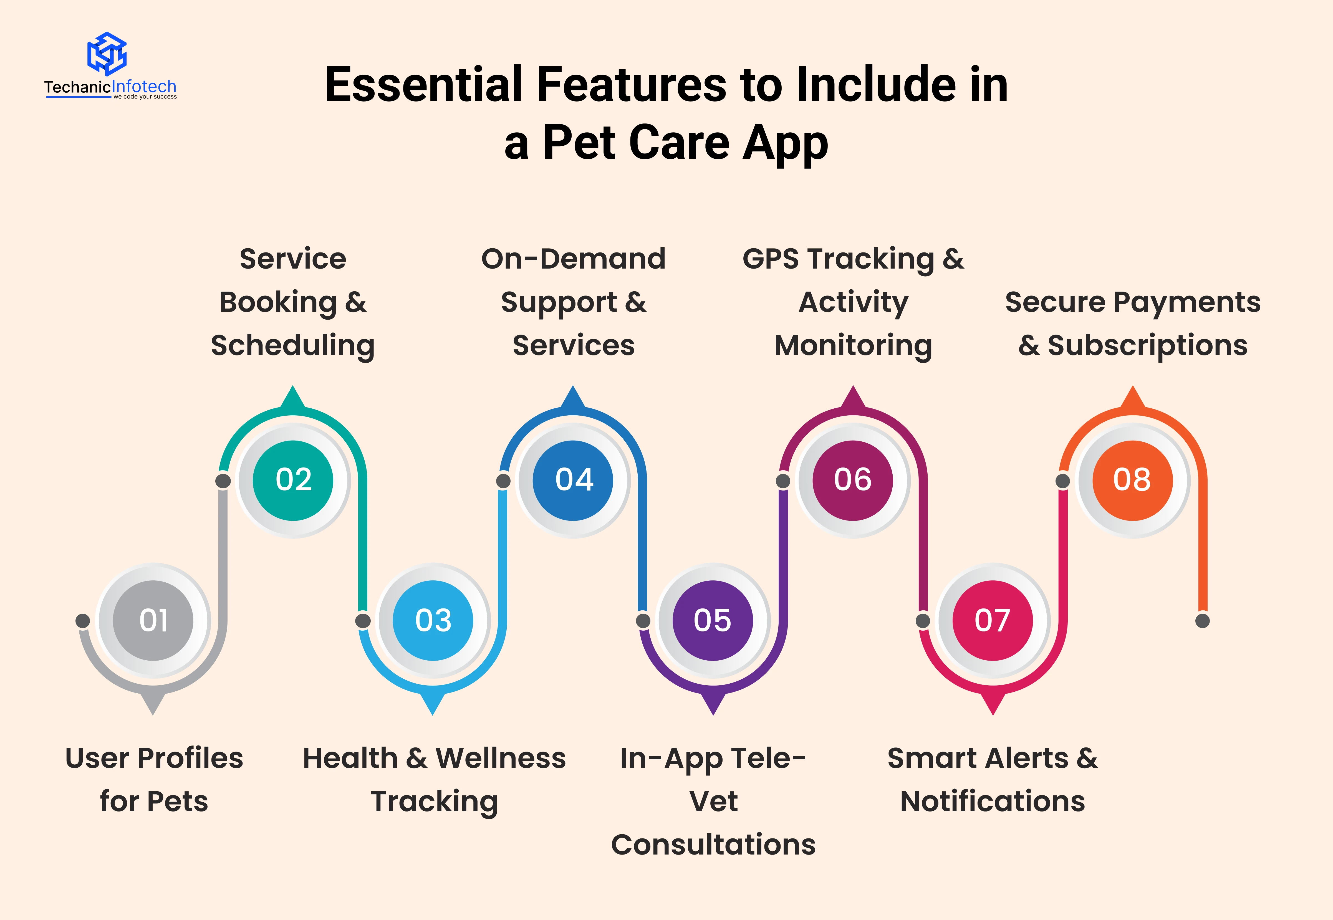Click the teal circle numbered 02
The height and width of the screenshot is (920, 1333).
point(293,480)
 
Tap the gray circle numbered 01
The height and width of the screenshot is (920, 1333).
point(153,620)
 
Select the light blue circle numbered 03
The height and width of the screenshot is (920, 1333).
point(433,620)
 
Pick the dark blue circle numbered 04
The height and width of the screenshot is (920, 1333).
point(573,480)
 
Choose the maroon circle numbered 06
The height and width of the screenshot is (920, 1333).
point(853,480)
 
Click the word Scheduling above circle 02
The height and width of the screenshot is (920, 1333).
point(293,346)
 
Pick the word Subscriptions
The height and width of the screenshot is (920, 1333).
point(1147,346)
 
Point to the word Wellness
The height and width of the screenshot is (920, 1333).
point(501,758)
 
